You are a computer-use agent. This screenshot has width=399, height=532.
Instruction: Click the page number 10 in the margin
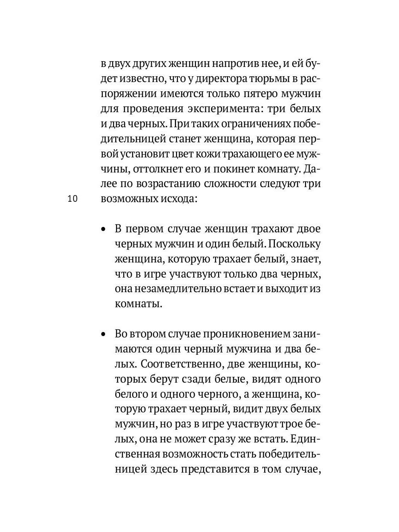pyautogui.click(x=73, y=199)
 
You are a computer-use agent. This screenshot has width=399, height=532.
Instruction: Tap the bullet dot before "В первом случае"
pyautogui.click(x=103, y=229)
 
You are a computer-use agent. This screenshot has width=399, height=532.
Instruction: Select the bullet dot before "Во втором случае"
pyautogui.click(x=103, y=334)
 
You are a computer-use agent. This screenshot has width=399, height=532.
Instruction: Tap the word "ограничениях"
pyautogui.click(x=251, y=124)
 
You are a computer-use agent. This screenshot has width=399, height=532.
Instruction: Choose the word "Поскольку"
pyautogui.click(x=294, y=244)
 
